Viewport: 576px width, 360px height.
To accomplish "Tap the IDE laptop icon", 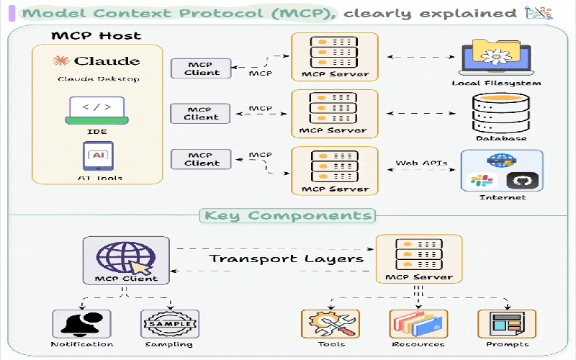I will tap(96, 109).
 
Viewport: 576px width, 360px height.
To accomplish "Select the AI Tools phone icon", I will tap(96, 155).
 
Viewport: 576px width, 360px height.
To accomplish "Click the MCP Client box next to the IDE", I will tap(201, 114).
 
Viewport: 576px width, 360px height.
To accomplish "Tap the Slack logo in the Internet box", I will tap(479, 181).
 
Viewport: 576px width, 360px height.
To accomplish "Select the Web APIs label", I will tap(421, 163).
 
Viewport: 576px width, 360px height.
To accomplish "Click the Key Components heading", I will tap(288, 215).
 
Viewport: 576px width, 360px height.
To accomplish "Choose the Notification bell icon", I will tap(82, 324).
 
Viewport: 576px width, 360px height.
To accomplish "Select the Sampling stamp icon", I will tap(170, 324).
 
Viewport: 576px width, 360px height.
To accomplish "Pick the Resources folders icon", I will tap(418, 324).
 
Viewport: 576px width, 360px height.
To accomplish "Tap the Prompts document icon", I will tap(507, 324).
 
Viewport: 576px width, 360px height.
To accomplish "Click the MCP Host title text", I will tap(96, 35).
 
